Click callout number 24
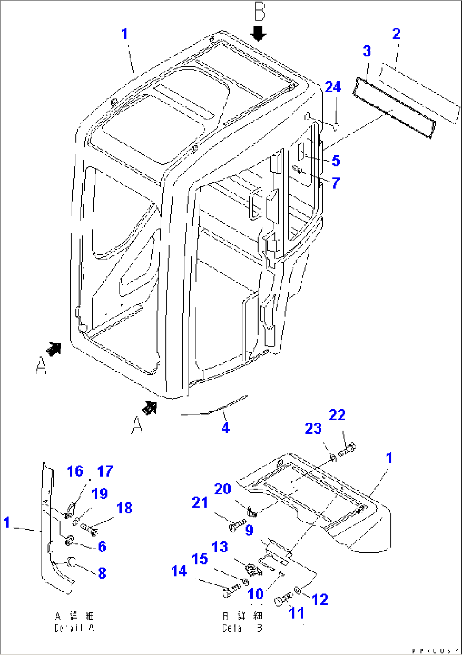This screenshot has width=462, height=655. click(333, 87)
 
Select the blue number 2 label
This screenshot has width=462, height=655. click(396, 34)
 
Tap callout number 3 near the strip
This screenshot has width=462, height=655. click(367, 51)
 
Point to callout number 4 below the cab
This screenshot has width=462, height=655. click(225, 428)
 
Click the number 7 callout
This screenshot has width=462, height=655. click(336, 183)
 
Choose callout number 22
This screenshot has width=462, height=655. click(337, 415)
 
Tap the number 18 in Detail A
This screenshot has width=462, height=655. click(124, 508)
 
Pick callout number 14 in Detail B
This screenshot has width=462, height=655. click(179, 571)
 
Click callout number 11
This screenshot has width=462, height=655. click(297, 613)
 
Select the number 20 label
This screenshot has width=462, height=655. click(223, 489)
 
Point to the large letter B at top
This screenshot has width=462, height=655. click(259, 11)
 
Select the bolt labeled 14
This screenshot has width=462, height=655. click(231, 590)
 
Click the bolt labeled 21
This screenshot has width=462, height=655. click(237, 525)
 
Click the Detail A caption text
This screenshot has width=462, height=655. click(74, 622)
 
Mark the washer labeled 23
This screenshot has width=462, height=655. click(333, 458)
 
